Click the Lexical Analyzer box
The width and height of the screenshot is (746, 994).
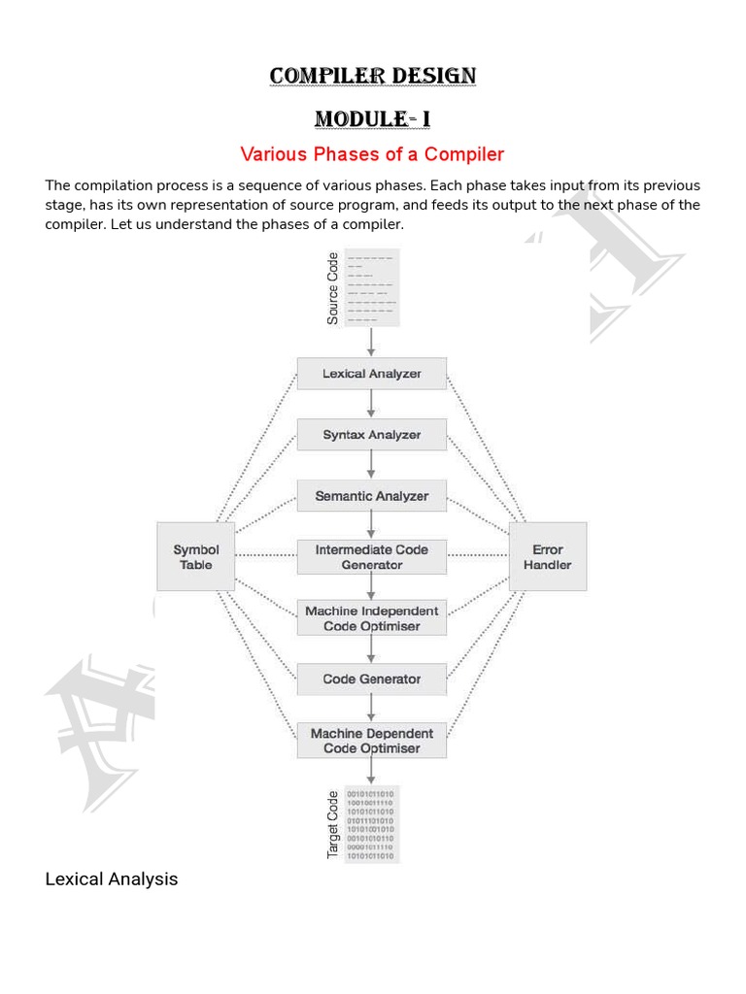(372, 374)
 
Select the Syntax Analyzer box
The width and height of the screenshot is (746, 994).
(372, 435)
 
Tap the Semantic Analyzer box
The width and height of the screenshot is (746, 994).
(372, 496)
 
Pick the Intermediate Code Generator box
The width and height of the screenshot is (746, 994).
(372, 557)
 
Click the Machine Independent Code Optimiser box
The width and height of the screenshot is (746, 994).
(372, 618)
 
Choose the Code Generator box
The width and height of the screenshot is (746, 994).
(372, 679)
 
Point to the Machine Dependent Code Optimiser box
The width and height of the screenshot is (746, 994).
(372, 741)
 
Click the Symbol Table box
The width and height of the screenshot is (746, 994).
(196, 557)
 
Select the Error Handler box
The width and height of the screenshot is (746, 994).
(548, 557)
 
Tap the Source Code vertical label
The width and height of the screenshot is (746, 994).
(333, 288)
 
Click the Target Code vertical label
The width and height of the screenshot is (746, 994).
(333, 824)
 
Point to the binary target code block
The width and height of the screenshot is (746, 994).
(371, 824)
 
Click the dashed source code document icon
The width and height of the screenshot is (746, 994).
(371, 288)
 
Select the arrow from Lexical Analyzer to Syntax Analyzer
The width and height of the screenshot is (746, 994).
(371, 405)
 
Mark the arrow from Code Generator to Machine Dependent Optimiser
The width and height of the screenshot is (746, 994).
(371, 710)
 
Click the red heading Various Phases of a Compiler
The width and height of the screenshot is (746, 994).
(372, 154)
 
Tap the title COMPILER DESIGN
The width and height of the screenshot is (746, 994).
(373, 76)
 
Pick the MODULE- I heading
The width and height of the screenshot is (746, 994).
(372, 118)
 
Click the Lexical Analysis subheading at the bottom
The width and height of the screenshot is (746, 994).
(112, 879)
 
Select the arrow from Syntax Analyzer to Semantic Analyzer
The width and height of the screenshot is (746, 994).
(371, 466)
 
